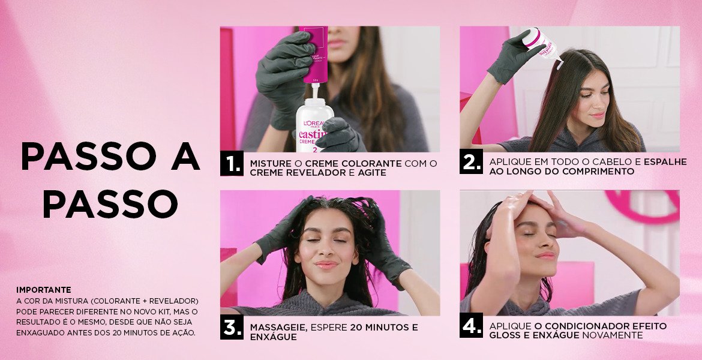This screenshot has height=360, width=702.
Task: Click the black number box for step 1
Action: click(232, 163)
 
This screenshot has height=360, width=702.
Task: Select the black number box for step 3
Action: click(232, 328)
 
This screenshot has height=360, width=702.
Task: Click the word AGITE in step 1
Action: click(371, 173)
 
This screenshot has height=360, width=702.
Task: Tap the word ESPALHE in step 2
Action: click(665, 161)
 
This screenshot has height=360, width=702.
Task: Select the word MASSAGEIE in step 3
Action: click(278, 328)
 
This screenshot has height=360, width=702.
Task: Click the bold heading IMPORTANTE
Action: click(43, 290)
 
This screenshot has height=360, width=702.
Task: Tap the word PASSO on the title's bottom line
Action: click(110, 204)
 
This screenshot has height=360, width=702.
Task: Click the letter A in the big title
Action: click(185, 156)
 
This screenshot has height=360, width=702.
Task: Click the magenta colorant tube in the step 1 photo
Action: click(315, 55)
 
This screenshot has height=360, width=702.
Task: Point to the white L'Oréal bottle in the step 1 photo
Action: click(313, 124)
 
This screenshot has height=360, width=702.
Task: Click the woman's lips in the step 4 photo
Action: click(546, 256)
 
